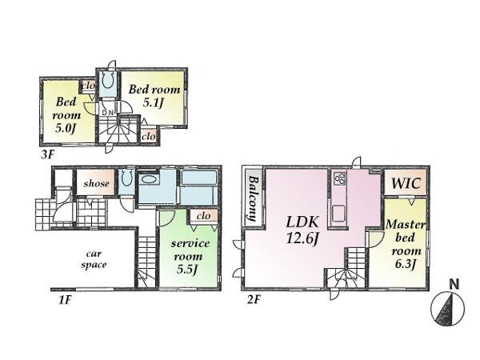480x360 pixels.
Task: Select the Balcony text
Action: pyautogui.click(x=251, y=198)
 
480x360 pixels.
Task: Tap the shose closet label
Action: pyautogui.click(x=98, y=183)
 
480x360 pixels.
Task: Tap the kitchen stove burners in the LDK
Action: pyautogui.click(x=338, y=178)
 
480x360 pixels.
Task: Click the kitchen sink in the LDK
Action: pyautogui.click(x=339, y=213)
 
